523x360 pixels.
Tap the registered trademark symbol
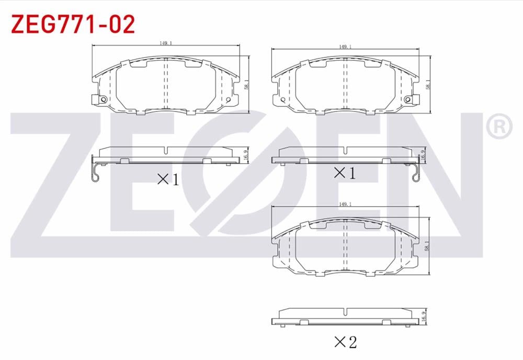tap(499, 127)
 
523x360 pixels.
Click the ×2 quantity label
tap(345, 343)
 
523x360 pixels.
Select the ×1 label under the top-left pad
tap(168, 179)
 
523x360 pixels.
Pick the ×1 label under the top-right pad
tap(345, 172)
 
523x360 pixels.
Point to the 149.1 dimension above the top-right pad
tap(345, 47)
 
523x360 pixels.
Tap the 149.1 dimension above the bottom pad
tap(345, 204)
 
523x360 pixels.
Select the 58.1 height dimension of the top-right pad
tap(428, 85)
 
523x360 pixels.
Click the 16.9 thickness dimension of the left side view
tap(245, 155)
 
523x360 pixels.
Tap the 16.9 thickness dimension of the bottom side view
tap(424, 317)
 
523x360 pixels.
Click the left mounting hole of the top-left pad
tap(103, 99)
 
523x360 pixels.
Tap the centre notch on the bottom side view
tap(345, 312)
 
